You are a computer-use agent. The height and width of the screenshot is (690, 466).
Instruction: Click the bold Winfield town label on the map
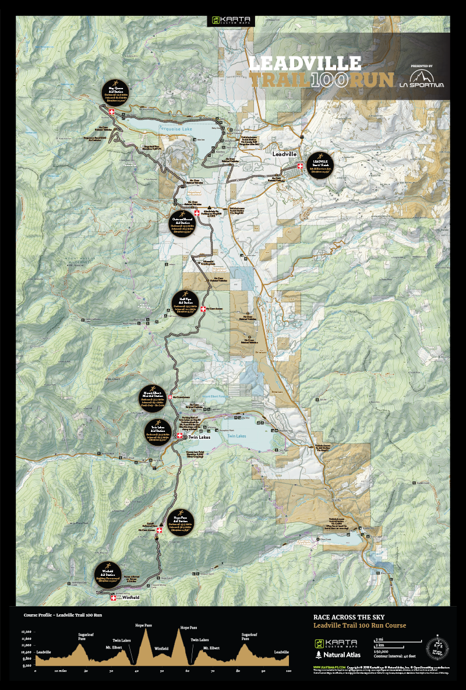coord(130,597)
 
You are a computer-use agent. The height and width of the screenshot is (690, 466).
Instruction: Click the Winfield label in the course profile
coord(161,648)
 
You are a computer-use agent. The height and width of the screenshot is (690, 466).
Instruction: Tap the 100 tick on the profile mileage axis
coord(288,671)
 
